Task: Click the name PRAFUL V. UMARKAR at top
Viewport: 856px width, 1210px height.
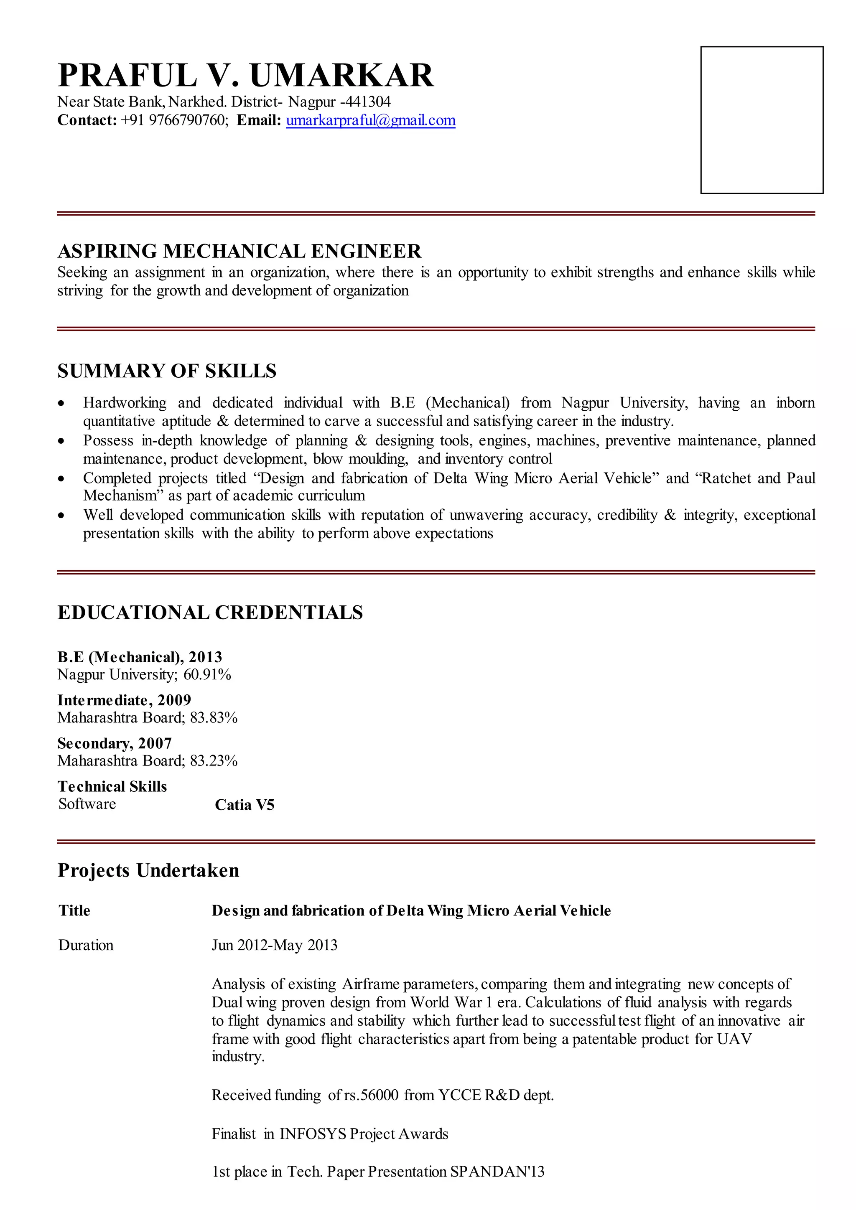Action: (246, 75)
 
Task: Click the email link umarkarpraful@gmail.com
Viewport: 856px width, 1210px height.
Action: (371, 121)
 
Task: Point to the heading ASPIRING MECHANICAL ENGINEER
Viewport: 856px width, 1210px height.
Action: (239, 252)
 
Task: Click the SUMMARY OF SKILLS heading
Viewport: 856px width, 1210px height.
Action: (167, 371)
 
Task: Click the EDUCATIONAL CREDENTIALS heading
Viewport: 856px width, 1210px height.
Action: (210, 613)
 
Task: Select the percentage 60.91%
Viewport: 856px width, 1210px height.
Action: (207, 674)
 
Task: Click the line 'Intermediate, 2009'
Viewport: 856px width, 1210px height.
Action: (124, 700)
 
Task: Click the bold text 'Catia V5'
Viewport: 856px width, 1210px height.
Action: (245, 805)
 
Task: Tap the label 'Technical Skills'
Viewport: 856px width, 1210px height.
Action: (112, 786)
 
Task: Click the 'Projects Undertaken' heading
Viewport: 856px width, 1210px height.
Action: (148, 870)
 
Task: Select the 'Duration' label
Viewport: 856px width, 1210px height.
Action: (86, 945)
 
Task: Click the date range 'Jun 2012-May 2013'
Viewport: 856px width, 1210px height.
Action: (274, 945)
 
